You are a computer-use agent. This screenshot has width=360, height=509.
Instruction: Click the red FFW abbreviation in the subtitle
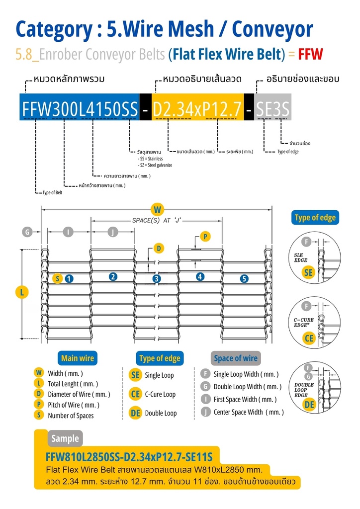pyautogui.click(x=310, y=54)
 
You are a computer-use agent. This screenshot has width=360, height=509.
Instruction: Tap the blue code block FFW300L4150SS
pyautogui.click(x=80, y=107)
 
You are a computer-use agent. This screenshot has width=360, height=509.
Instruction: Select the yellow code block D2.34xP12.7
pyautogui.click(x=198, y=107)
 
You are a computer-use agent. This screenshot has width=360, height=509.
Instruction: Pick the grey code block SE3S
pyautogui.click(x=272, y=107)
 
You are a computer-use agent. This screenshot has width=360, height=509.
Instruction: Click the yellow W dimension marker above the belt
pyautogui.click(x=158, y=209)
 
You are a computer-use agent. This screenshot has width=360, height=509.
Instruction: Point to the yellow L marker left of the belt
pyautogui.click(x=22, y=292)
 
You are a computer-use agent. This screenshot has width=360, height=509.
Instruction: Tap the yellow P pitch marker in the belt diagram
pyautogui.click(x=205, y=237)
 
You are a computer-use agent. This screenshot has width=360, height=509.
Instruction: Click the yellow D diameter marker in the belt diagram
pyautogui.click(x=159, y=249)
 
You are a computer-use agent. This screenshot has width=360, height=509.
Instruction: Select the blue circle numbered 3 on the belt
pyautogui.click(x=157, y=278)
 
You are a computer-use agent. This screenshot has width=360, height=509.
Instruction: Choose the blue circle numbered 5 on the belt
pyautogui.click(x=244, y=278)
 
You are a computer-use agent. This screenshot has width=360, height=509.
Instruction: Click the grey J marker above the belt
pyautogui.click(x=113, y=232)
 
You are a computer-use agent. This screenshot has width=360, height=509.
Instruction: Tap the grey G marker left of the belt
pyautogui.click(x=27, y=232)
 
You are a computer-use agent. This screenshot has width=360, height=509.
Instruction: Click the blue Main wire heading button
pyautogui.click(x=77, y=358)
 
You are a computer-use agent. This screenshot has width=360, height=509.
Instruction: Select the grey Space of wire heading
pyautogui.click(x=236, y=358)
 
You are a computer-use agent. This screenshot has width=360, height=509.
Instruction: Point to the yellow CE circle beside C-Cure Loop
pyautogui.click(x=135, y=394)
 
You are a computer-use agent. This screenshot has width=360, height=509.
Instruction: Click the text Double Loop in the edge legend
pyautogui.click(x=161, y=413)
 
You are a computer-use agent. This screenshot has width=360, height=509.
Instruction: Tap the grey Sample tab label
pyautogui.click(x=65, y=438)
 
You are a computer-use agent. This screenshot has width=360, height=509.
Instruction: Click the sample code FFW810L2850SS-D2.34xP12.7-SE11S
pyautogui.click(x=129, y=457)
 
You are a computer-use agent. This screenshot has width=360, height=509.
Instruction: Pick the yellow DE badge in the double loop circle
pyautogui.click(x=309, y=404)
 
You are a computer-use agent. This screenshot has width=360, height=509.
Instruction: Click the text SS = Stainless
pyautogui.click(x=150, y=159)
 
